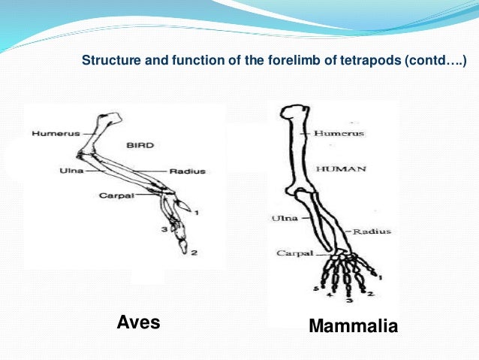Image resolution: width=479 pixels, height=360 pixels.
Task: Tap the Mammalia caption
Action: tap(352, 327)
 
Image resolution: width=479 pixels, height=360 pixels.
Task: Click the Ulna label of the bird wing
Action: tap(71, 171)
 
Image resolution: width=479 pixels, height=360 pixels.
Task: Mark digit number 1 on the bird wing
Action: tap(197, 213)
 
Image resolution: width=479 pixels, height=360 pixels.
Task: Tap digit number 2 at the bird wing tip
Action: tap(194, 252)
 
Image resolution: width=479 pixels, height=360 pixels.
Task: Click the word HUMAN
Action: tap(340, 169)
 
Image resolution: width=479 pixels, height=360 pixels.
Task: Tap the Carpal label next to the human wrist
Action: tap(289, 253)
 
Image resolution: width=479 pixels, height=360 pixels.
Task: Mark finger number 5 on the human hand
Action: tap(318, 288)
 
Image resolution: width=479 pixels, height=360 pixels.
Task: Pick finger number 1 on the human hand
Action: tap(379, 277)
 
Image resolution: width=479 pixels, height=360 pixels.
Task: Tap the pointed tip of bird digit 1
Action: tap(187, 208)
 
